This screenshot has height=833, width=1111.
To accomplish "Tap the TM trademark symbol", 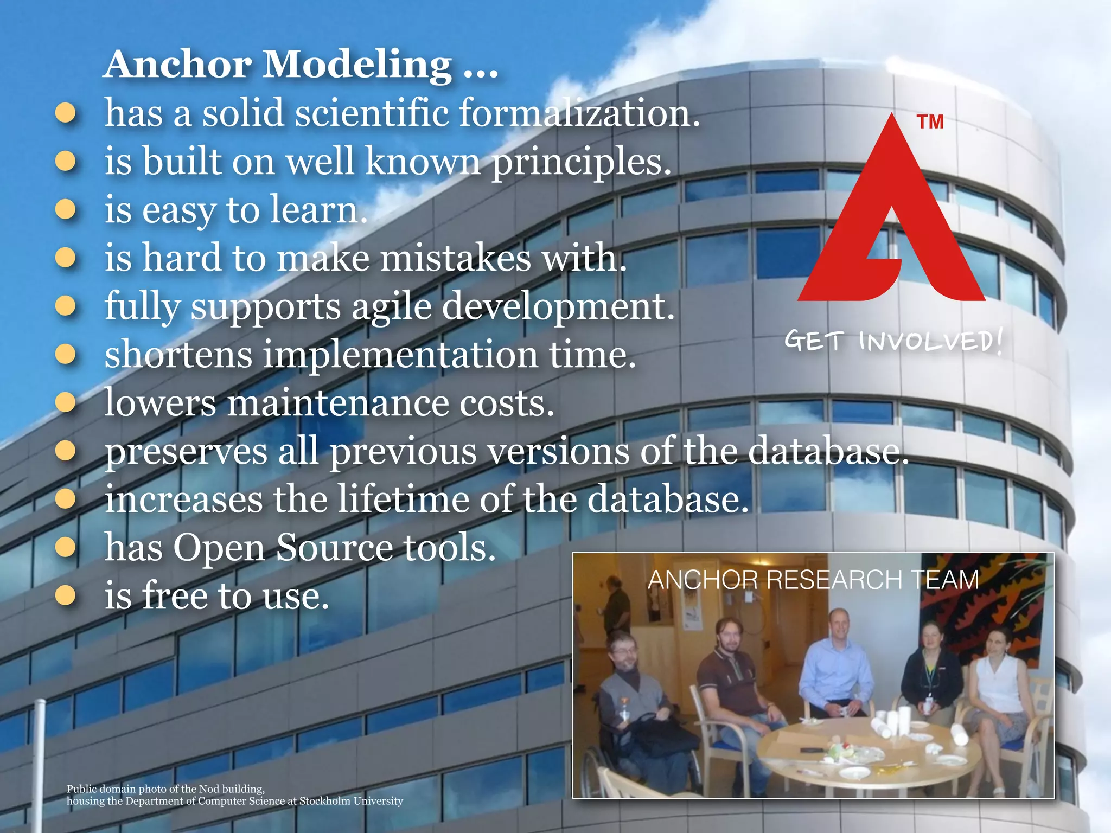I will point(930,122).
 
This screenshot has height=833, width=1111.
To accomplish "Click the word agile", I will point(391,306).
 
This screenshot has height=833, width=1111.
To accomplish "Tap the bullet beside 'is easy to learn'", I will point(66,210).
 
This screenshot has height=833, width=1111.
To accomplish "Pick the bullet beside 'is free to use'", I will point(66,595).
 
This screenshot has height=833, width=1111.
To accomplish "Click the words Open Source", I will point(283,547).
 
